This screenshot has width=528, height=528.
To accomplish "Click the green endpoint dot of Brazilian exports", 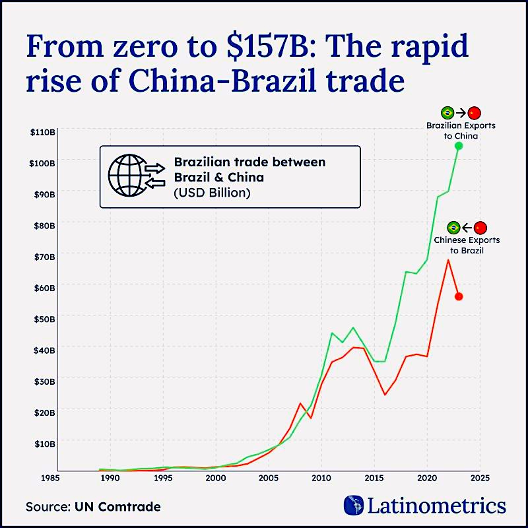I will click(x=459, y=146).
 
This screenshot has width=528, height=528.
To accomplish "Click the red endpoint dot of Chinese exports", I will click(x=459, y=296).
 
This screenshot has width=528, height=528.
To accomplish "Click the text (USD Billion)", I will click(x=212, y=193).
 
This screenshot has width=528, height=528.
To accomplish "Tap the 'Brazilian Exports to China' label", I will click(x=461, y=130).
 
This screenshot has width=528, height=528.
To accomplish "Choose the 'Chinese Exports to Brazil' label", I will click(x=466, y=246).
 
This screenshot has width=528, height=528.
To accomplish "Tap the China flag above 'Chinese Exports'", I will click(x=480, y=228).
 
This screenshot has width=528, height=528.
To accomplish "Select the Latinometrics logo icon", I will click(x=354, y=506).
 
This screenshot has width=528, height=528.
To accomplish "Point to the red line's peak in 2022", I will click(x=448, y=259).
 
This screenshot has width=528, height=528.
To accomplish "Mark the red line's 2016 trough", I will click(x=385, y=395).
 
